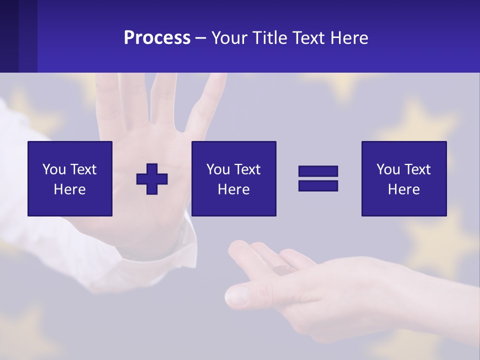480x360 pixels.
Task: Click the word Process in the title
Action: (x=157, y=38)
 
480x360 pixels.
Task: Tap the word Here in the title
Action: (x=349, y=38)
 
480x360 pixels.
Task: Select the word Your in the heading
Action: (x=230, y=38)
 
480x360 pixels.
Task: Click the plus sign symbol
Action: (x=152, y=178)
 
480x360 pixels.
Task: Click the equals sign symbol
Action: (x=318, y=178)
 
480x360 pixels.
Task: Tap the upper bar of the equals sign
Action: (x=318, y=171)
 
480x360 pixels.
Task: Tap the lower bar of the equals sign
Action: (x=318, y=185)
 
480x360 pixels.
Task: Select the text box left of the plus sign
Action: (x=70, y=178)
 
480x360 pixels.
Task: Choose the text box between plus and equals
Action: (x=233, y=178)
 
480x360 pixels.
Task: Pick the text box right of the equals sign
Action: (x=403, y=178)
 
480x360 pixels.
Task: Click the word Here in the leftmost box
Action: (x=70, y=189)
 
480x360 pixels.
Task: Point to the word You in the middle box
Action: (x=218, y=169)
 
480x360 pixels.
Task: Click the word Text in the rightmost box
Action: (x=417, y=169)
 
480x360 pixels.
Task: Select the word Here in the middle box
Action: (x=233, y=189)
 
